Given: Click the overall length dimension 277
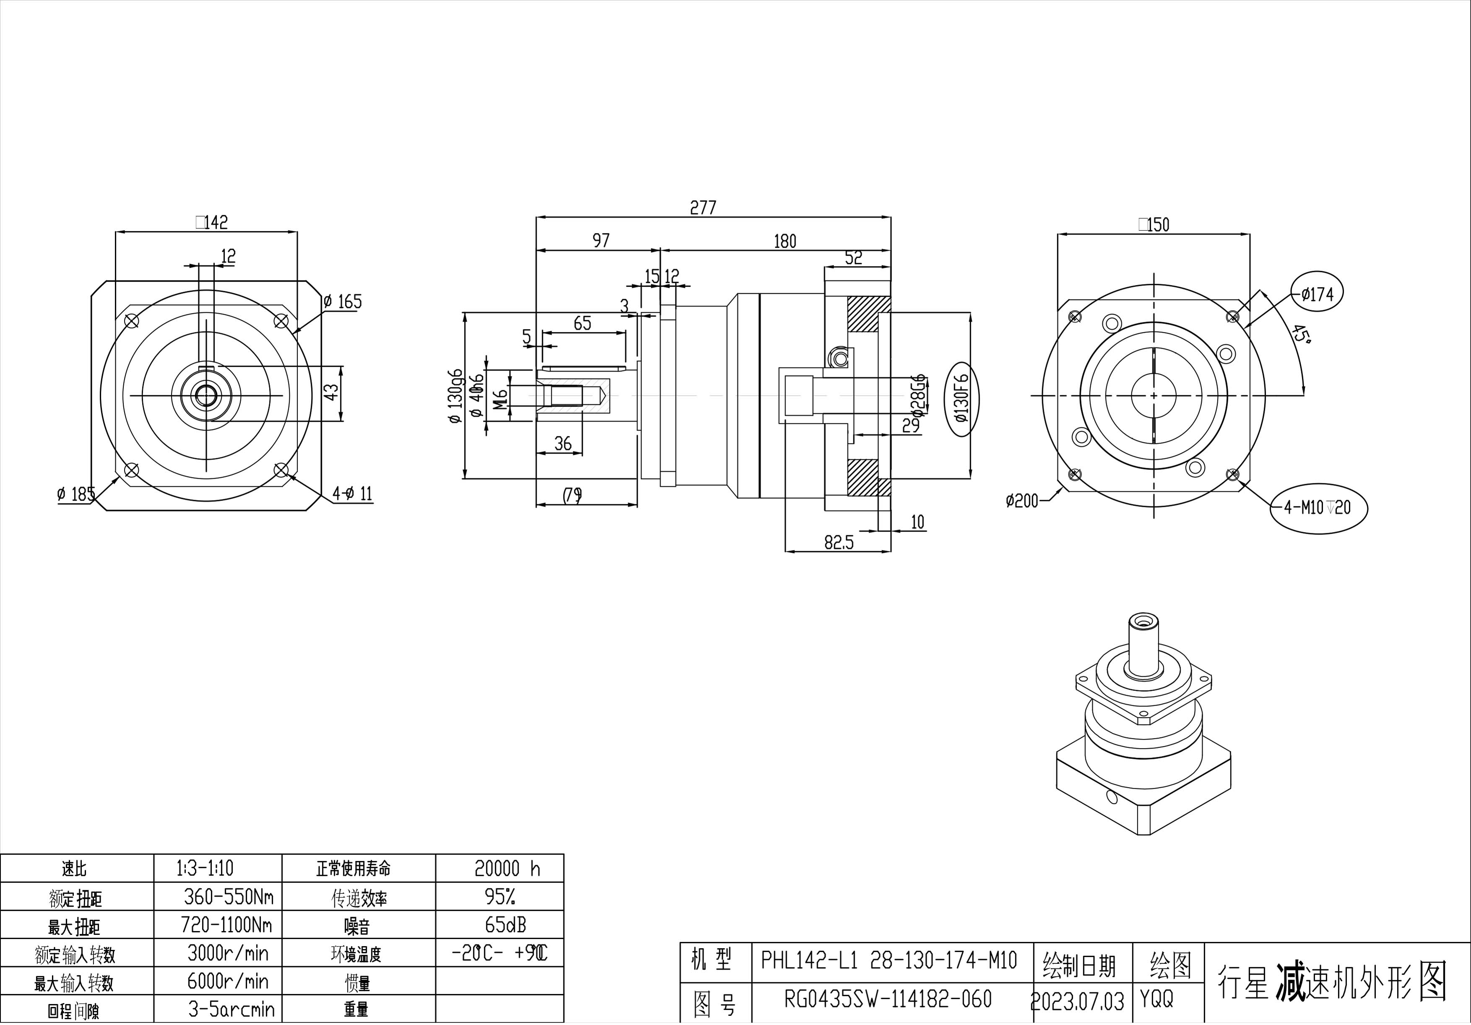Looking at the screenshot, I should [x=703, y=208].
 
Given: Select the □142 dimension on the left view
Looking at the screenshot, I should [x=212, y=222].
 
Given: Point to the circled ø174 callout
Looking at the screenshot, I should [x=1317, y=294].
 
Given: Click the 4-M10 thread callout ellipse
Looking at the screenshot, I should [x=1318, y=507].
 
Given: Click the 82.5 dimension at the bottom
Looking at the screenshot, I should [x=839, y=542].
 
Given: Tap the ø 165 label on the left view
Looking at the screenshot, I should [x=343, y=301].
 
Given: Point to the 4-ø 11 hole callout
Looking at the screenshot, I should [x=352, y=493].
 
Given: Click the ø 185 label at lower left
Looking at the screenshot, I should [x=75, y=494].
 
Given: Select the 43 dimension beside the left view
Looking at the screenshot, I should [x=330, y=392].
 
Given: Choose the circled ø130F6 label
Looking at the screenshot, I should [x=962, y=398].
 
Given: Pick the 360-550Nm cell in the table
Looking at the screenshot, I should [x=228, y=897].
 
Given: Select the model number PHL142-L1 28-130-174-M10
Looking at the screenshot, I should [x=889, y=960].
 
